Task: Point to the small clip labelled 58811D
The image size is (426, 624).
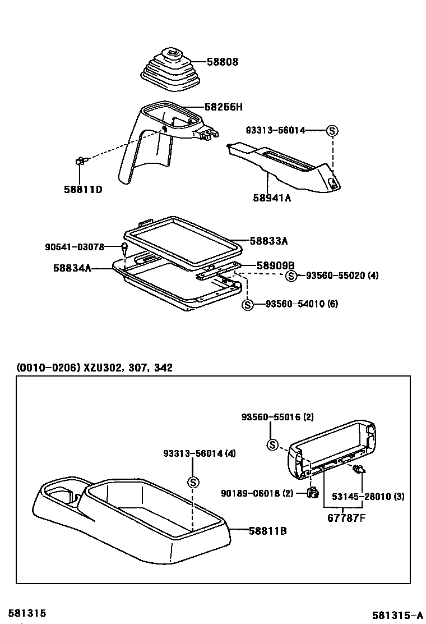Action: [80, 162]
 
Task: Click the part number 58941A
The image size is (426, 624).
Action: [272, 198]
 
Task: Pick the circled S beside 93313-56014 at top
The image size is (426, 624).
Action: [332, 131]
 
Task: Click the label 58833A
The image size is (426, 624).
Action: [268, 241]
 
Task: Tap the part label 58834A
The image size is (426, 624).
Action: [72, 269]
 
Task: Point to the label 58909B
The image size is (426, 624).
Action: [275, 265]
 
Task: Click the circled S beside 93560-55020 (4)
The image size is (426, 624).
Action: [291, 276]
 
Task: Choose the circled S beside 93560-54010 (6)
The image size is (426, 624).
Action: [248, 304]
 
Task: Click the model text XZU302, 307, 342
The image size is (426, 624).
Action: [128, 368]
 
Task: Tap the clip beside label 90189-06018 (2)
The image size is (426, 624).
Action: [313, 493]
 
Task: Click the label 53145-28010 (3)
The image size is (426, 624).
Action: [368, 497]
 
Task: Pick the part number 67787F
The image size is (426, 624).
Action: [346, 517]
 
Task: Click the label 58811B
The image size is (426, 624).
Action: [268, 530]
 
